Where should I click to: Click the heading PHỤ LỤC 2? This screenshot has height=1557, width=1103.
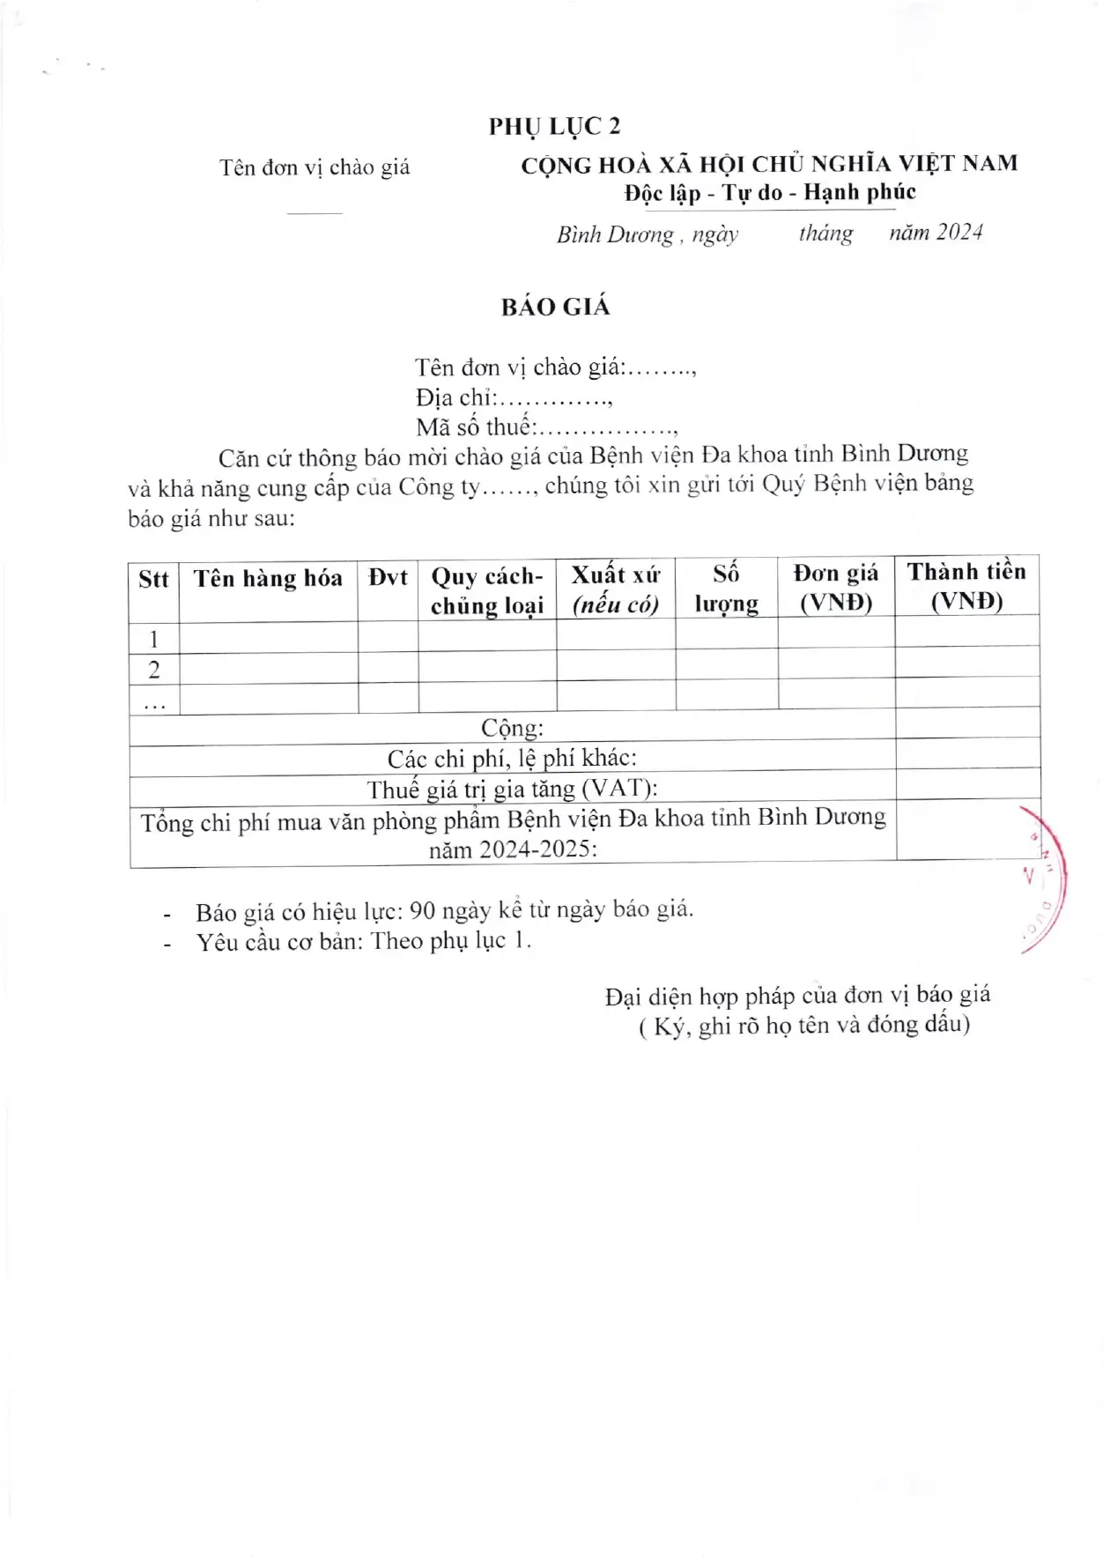(x=554, y=127)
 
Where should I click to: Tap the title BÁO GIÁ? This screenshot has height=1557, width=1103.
(x=555, y=307)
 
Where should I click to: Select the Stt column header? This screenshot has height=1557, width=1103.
(x=153, y=579)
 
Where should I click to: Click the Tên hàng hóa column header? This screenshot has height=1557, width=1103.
(x=268, y=578)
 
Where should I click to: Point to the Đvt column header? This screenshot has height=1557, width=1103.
(x=388, y=578)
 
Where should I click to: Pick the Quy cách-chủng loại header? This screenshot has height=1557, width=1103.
(x=487, y=590)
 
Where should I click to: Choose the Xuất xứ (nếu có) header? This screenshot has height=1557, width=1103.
(x=616, y=589)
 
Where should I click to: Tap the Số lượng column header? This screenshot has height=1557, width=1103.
(x=726, y=589)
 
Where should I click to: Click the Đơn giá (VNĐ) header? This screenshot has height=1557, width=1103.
(x=835, y=588)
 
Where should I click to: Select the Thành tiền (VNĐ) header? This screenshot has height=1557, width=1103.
(x=966, y=586)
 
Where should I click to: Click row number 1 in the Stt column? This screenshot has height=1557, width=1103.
(x=154, y=639)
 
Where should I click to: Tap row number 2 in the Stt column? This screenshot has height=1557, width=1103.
(x=154, y=670)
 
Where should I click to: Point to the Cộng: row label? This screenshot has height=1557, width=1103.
(x=512, y=728)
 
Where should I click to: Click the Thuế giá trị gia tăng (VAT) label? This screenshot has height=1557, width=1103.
(x=512, y=788)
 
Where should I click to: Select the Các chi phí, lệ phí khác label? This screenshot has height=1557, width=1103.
(x=512, y=758)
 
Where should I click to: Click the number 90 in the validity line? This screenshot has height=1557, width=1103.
(x=423, y=910)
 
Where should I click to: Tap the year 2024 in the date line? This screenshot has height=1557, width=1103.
(x=959, y=232)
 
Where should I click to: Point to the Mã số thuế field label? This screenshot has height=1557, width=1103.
(x=476, y=427)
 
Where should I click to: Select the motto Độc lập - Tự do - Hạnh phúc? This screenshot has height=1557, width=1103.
(x=770, y=193)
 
